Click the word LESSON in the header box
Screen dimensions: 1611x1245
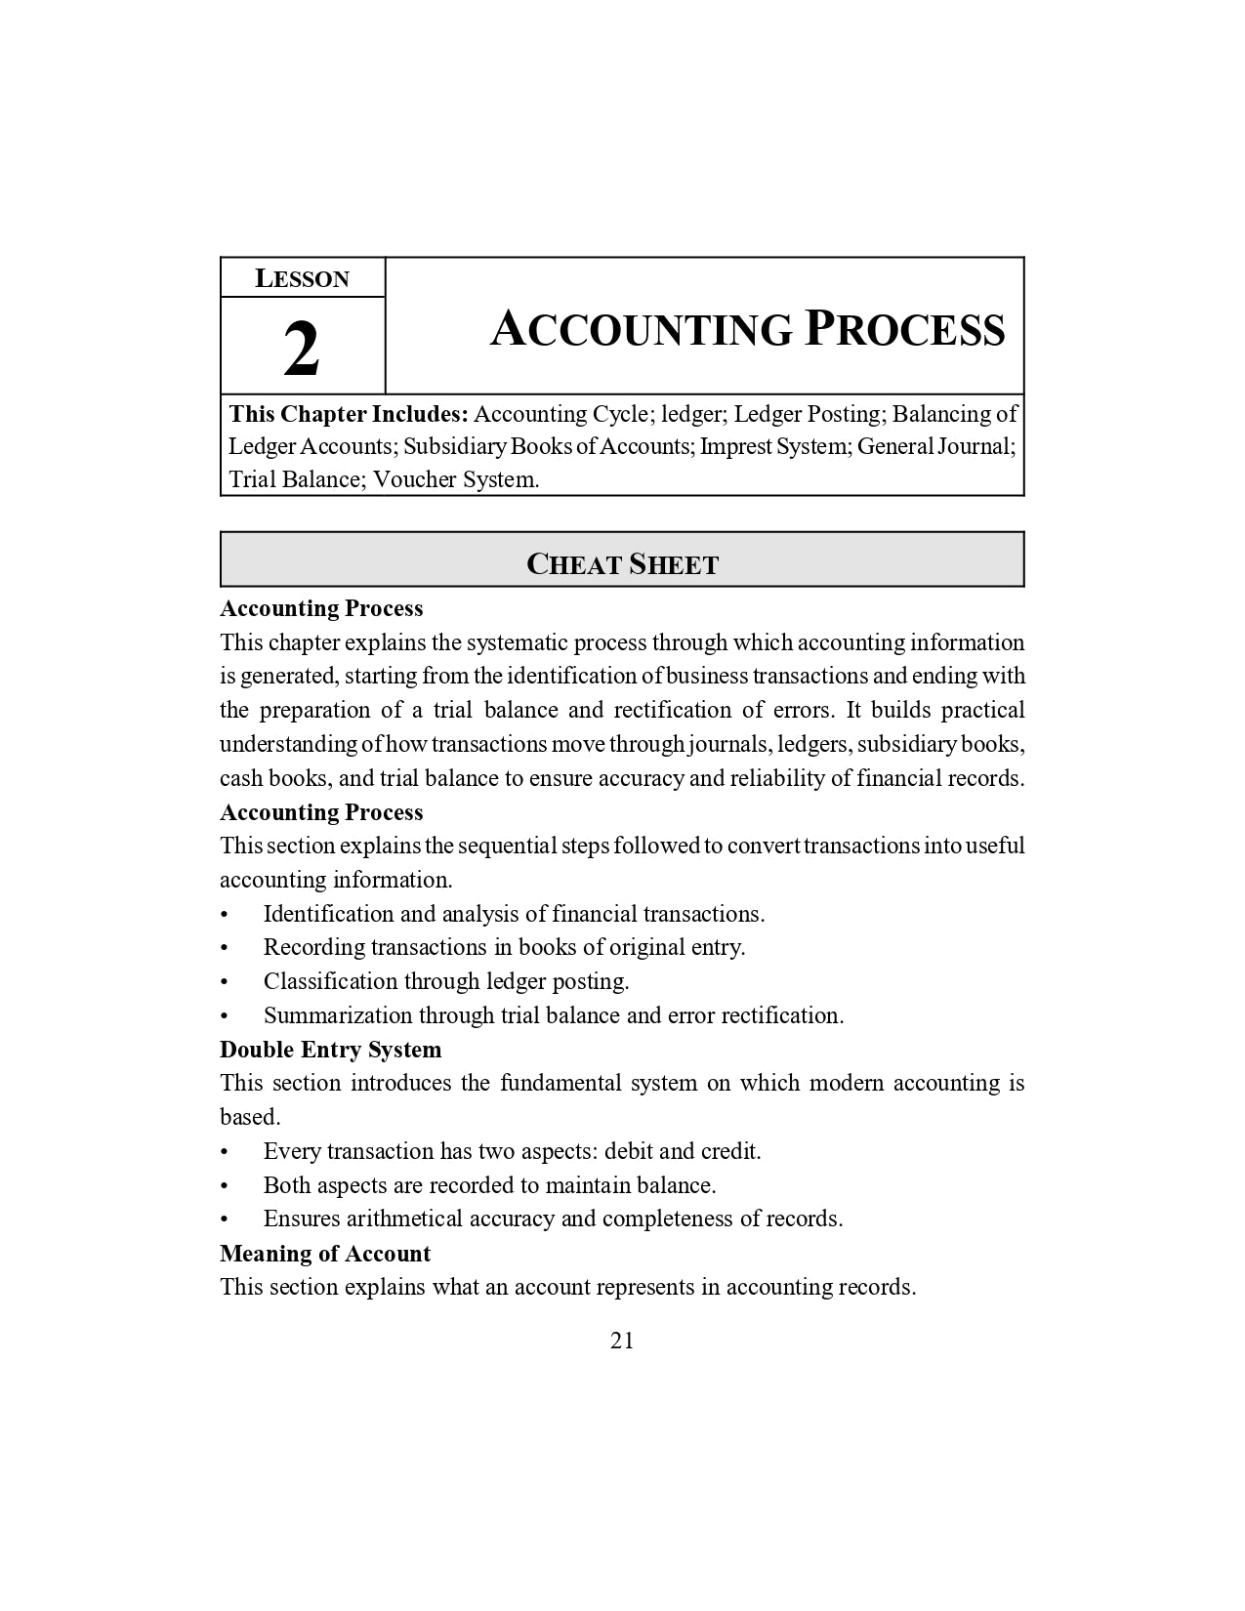click(302, 279)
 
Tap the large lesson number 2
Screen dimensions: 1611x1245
click(302, 350)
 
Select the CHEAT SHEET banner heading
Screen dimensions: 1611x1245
click(622, 564)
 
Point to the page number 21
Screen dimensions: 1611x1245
click(622, 1341)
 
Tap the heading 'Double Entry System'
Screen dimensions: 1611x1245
click(330, 1050)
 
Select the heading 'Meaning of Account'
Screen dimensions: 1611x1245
click(325, 1254)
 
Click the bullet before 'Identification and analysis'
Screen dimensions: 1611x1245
click(225, 915)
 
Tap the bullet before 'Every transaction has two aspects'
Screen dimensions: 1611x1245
click(225, 1152)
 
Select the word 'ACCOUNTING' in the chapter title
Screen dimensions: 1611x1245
click(642, 329)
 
